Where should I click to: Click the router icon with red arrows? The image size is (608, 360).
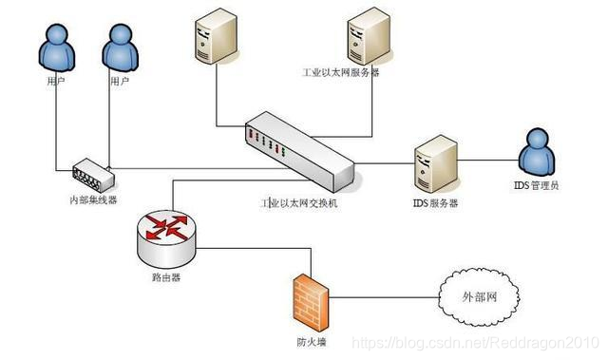[x=167, y=232]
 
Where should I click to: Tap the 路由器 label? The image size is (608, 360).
[x=166, y=279]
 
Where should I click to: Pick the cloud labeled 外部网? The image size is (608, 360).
[x=479, y=297]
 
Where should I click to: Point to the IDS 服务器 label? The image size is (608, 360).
[x=435, y=203]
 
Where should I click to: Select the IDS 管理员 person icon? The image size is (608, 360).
[x=538, y=149]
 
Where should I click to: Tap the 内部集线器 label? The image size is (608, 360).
[x=92, y=200]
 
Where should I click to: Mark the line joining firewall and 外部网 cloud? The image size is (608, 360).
[x=380, y=297]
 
